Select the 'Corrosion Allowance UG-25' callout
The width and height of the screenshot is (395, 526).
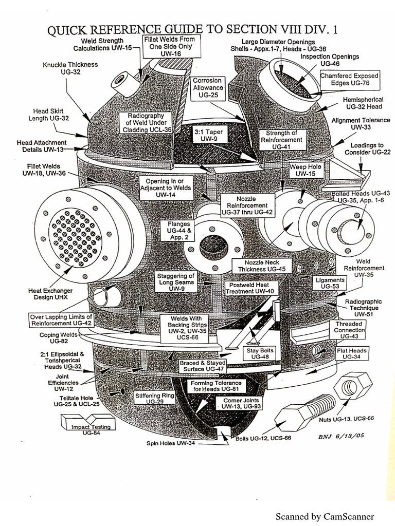pyautogui.click(x=207, y=88)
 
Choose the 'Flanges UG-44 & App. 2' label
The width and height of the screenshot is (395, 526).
pyautogui.click(x=178, y=231)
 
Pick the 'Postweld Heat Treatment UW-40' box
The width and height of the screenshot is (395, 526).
pyautogui.click(x=252, y=288)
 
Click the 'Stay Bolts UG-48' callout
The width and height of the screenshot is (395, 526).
pyautogui.click(x=256, y=353)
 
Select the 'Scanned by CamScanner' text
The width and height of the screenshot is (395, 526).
pyautogui.click(x=325, y=516)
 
